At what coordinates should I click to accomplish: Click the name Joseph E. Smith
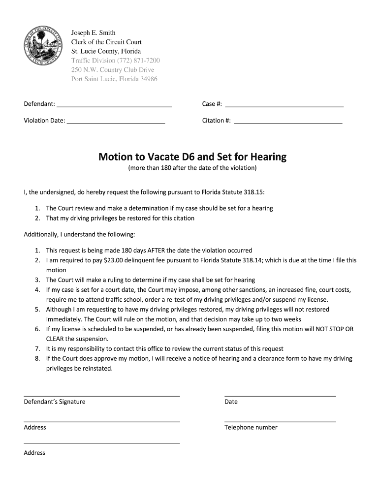[x=94, y=32]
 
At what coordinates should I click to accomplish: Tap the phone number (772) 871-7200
[x=138, y=61]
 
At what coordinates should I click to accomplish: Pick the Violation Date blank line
[x=116, y=123]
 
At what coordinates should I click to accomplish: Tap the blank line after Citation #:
[x=288, y=123]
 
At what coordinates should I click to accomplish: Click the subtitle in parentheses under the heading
[x=192, y=168]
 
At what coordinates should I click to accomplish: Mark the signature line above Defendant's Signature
[x=102, y=395]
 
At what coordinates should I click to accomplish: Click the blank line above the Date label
[x=280, y=395]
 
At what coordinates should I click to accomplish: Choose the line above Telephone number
[x=280, y=421]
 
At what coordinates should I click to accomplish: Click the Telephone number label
[x=251, y=428]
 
